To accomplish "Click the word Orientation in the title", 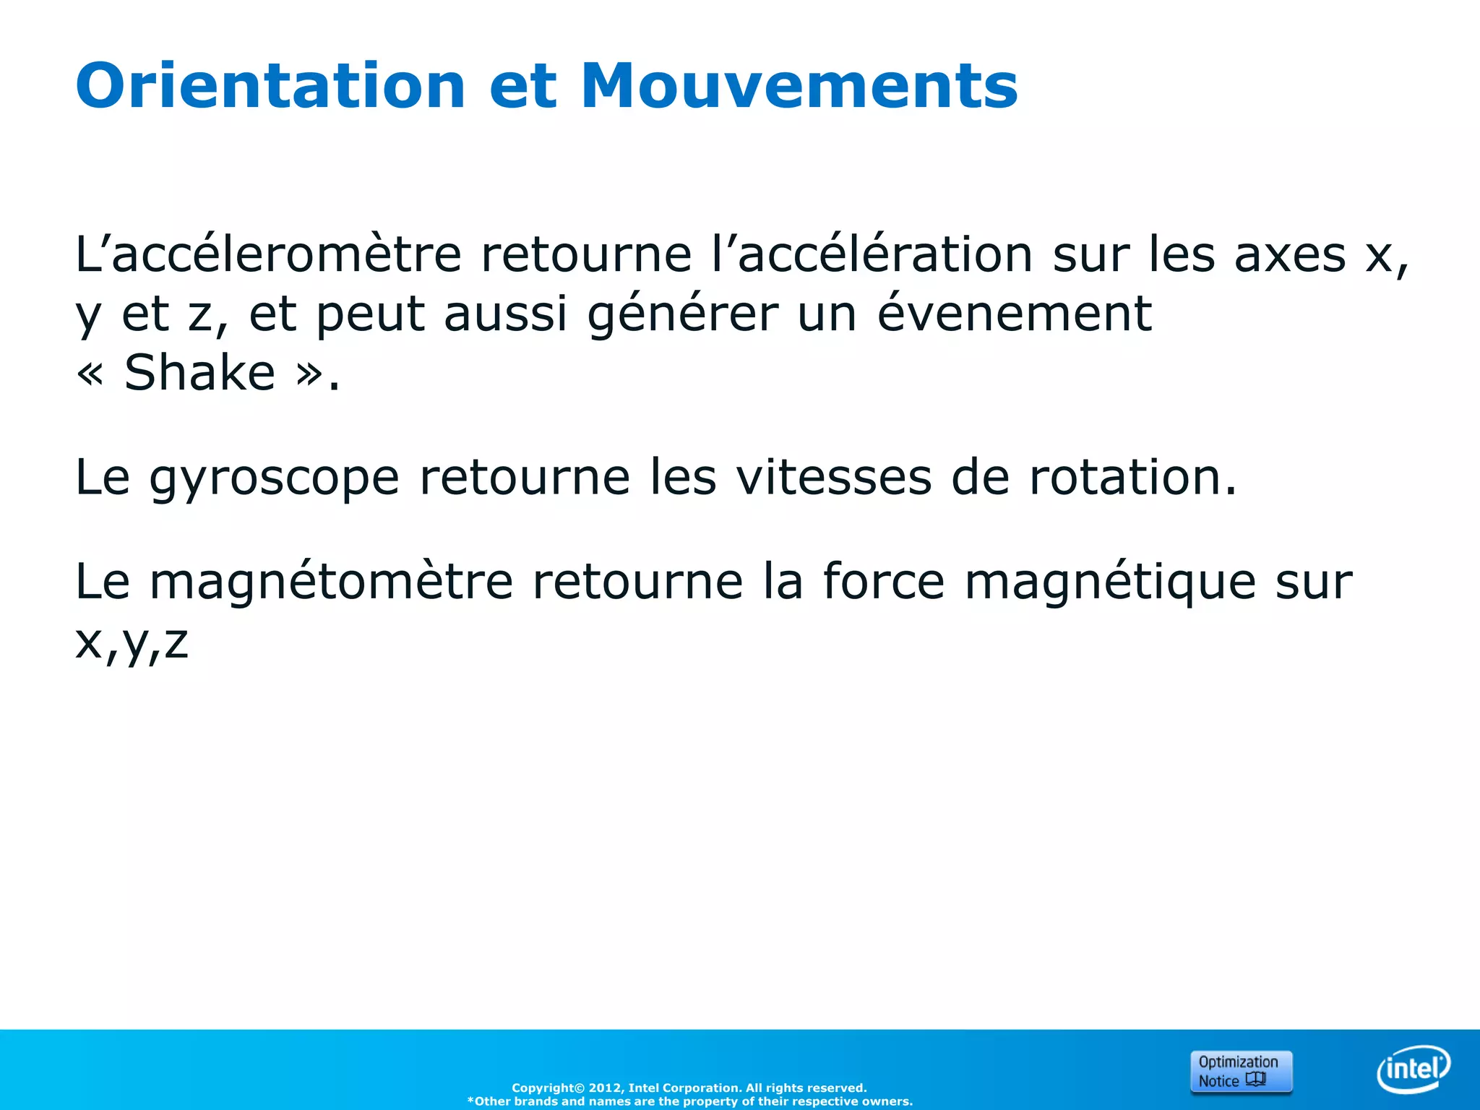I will click(270, 86).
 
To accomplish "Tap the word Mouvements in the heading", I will click(799, 86).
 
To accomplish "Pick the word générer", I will click(683, 315).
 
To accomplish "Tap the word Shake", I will click(199, 373).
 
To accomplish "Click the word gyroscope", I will click(274, 478).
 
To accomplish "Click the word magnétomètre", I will click(331, 582).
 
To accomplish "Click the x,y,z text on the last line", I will click(132, 642).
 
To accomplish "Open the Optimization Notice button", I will click(1240, 1071).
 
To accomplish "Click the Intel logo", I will click(1413, 1069).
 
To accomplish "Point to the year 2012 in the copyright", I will click(603, 1088).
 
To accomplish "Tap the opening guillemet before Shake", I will click(90, 374).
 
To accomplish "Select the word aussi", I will click(505, 315).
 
